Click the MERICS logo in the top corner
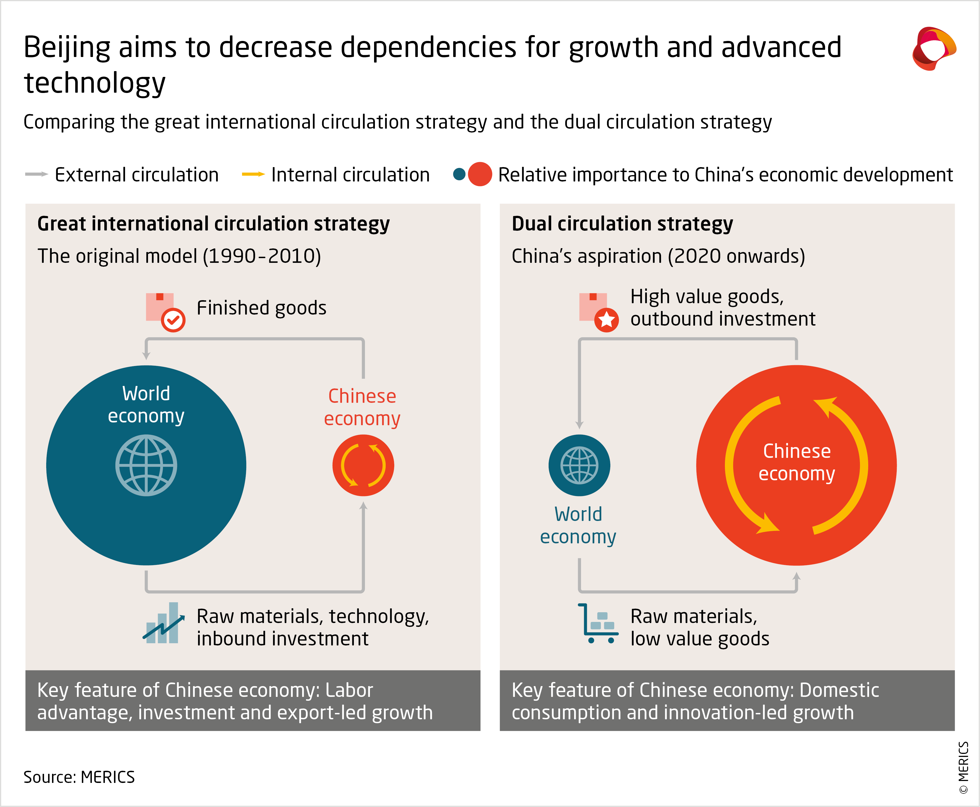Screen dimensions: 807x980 pyautogui.click(x=934, y=48)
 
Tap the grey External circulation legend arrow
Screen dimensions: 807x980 pyautogui.click(x=36, y=174)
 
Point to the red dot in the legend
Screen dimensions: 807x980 pyautogui.click(x=480, y=174)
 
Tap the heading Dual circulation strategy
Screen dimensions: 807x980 pyautogui.click(x=622, y=224)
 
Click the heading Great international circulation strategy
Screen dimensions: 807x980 pyautogui.click(x=213, y=224)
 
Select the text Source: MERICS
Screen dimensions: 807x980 pyautogui.click(x=79, y=777)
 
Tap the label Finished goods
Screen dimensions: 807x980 pyautogui.click(x=261, y=308)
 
